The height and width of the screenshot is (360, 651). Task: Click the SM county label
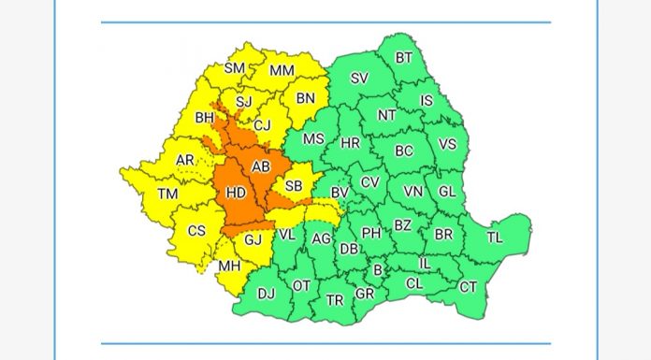click(234, 68)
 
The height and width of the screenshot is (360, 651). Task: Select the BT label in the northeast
click(404, 57)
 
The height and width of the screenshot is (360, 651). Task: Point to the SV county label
click(359, 79)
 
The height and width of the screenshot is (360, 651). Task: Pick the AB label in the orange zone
click(261, 166)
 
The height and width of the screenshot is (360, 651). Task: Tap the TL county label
click(494, 238)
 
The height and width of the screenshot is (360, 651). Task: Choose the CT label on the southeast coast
click(468, 286)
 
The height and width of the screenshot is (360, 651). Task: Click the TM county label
click(167, 194)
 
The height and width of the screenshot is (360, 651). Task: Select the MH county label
click(229, 266)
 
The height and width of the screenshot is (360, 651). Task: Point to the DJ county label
click(267, 295)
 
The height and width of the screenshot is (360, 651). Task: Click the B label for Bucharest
click(378, 270)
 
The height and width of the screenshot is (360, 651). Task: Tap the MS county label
click(313, 138)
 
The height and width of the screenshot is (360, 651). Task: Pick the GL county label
click(447, 191)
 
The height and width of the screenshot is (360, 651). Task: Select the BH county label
click(205, 119)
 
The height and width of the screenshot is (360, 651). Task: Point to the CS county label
click(197, 231)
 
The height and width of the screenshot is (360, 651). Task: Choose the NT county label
click(386, 115)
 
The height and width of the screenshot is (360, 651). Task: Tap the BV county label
click(340, 192)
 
